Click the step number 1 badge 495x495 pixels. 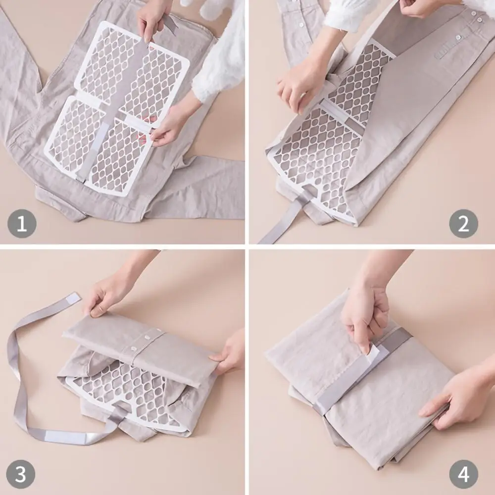(x=22, y=224)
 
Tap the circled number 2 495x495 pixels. (x=463, y=224)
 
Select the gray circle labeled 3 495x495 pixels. (x=20, y=474)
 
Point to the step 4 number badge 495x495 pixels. (x=463, y=474)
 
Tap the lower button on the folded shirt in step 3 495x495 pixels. (x=134, y=349)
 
